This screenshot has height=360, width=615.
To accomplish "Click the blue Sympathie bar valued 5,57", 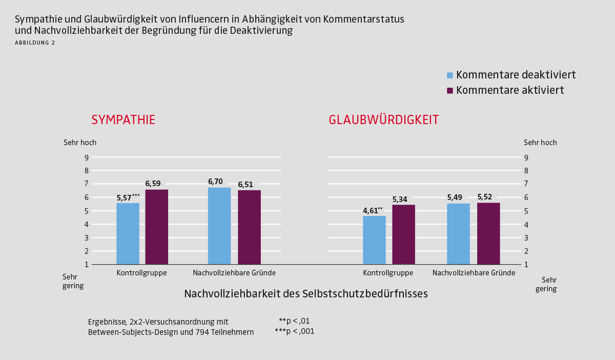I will click(x=128, y=234).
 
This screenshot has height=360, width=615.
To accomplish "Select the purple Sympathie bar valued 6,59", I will click(x=156, y=227).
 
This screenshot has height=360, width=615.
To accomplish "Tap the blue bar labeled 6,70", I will click(x=219, y=226).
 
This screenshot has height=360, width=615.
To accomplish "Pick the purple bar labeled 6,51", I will click(x=249, y=228).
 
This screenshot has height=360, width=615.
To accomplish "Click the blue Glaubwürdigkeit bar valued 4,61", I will click(x=374, y=240).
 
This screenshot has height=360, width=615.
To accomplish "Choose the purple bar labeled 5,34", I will click(x=403, y=235).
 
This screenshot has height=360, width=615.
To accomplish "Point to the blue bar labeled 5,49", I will click(x=458, y=234).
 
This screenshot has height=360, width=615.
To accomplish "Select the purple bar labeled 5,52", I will click(x=488, y=234).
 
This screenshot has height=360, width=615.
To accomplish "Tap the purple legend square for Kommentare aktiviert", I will click(x=450, y=90).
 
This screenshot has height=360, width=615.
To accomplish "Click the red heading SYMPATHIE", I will click(x=123, y=120).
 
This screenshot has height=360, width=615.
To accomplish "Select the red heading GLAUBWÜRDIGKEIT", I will click(x=384, y=120).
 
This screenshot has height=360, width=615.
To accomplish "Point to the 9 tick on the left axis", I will click(x=87, y=157).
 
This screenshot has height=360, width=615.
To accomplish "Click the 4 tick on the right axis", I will click(x=526, y=224).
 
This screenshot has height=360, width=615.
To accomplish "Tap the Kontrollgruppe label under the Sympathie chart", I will click(x=141, y=273).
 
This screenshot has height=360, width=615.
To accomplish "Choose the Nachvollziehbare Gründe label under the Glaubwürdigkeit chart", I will click(x=474, y=273).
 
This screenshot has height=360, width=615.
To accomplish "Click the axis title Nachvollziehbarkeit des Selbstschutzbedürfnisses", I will click(x=305, y=294).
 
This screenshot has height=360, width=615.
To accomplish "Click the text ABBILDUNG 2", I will click(x=35, y=43).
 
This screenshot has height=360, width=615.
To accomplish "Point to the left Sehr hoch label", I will click(x=80, y=143).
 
